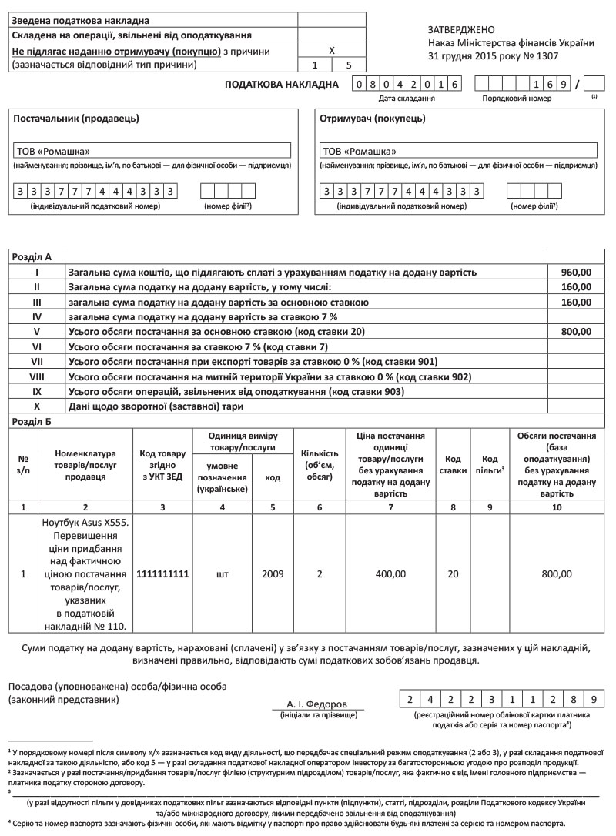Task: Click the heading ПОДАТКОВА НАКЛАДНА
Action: [x=282, y=84]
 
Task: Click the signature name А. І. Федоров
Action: [x=316, y=704]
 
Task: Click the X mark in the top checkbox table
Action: [x=332, y=49]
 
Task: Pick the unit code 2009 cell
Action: [x=273, y=574]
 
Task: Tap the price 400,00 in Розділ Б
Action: [x=391, y=574]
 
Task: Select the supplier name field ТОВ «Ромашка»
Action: [x=152, y=151]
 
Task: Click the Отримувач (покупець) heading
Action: [x=372, y=119]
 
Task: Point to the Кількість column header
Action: [x=319, y=465]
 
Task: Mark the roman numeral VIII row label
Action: [x=36, y=376]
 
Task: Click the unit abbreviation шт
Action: [x=223, y=574]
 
